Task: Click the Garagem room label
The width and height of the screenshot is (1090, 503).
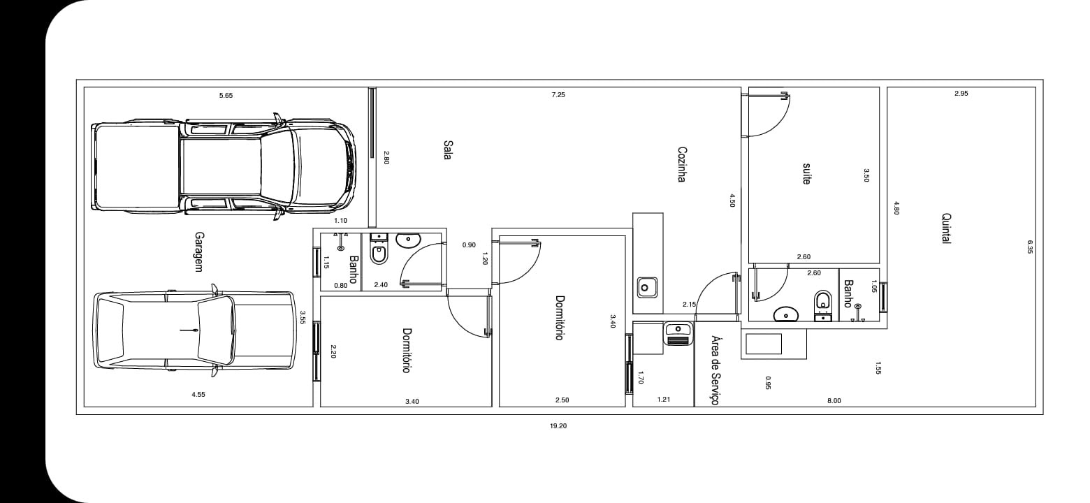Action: pyautogui.click(x=199, y=251)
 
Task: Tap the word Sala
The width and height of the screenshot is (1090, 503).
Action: pyautogui.click(x=448, y=150)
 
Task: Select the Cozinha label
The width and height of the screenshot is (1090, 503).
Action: pyautogui.click(x=682, y=164)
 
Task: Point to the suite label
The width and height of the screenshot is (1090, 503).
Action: pyautogui.click(x=806, y=174)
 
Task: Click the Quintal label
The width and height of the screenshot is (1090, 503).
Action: pyautogui.click(x=947, y=228)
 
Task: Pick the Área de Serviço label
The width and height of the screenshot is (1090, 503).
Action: pyautogui.click(x=715, y=370)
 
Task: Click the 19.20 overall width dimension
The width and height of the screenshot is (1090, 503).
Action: pyautogui.click(x=558, y=426)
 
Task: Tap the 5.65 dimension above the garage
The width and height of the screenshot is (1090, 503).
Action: pyautogui.click(x=226, y=95)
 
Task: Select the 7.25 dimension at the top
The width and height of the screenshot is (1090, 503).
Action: pyautogui.click(x=558, y=95)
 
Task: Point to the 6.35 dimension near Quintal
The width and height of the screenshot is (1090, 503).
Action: pyautogui.click(x=1030, y=247)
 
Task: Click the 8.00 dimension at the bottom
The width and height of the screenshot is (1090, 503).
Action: pyautogui.click(x=834, y=401)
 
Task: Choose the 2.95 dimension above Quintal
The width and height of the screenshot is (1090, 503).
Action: pyautogui.click(x=961, y=94)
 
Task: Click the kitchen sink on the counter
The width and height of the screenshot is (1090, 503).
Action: pyautogui.click(x=648, y=288)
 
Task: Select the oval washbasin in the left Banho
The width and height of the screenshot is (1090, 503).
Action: pyautogui.click(x=408, y=240)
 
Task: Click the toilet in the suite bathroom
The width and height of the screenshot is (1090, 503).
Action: pyautogui.click(x=823, y=305)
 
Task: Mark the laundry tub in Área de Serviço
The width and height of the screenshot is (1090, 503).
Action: pyautogui.click(x=678, y=334)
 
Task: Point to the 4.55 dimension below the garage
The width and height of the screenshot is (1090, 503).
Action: pyautogui.click(x=198, y=395)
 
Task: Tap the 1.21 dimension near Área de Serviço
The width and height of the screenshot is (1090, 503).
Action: pyautogui.click(x=664, y=400)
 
